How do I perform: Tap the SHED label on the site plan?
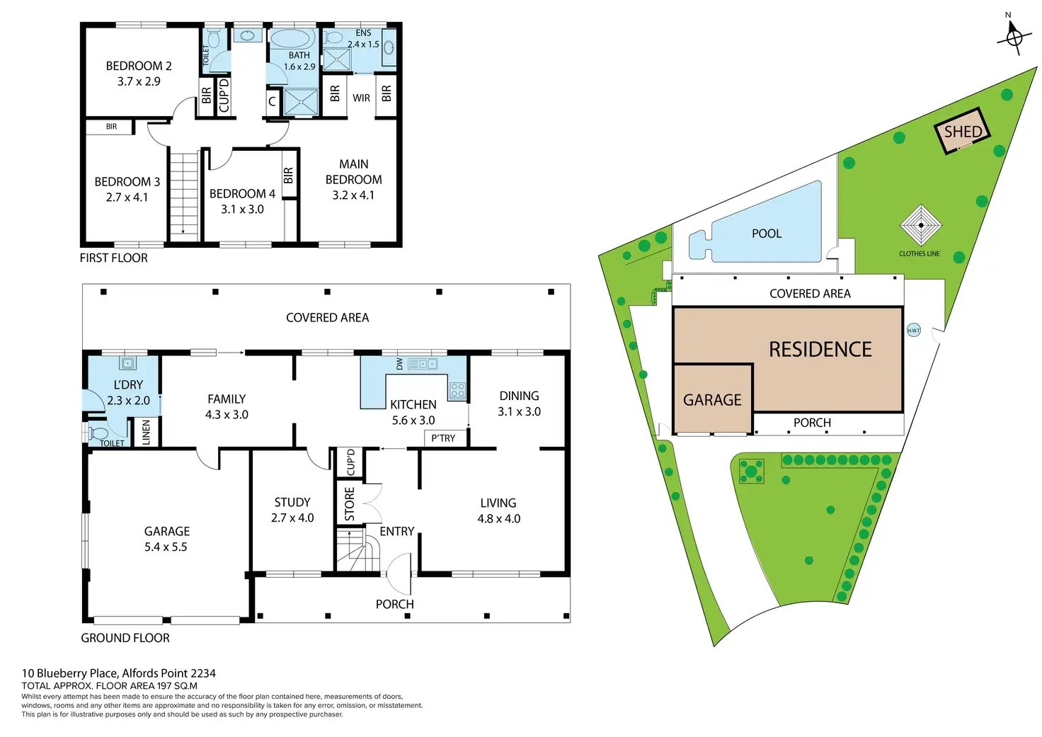coord(963,132)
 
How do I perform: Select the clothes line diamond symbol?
coord(921,225)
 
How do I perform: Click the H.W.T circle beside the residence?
coord(914,331)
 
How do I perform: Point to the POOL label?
coord(767,234)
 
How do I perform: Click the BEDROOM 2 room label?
coord(139,66)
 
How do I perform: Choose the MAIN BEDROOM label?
coord(353,172)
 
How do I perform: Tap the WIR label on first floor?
coord(361,98)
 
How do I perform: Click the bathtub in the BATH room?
coord(292,38)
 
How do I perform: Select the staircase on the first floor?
coord(183,193)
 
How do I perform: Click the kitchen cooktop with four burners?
coord(458,390)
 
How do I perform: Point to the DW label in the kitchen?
coord(400,364)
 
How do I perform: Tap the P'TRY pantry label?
coord(443,438)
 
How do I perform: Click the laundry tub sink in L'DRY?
coord(127,363)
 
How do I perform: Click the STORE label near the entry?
coord(349,503)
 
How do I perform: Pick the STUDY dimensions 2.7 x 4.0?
coord(292,518)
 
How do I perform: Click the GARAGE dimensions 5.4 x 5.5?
coord(166,547)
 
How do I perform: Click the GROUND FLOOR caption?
coord(125,638)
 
